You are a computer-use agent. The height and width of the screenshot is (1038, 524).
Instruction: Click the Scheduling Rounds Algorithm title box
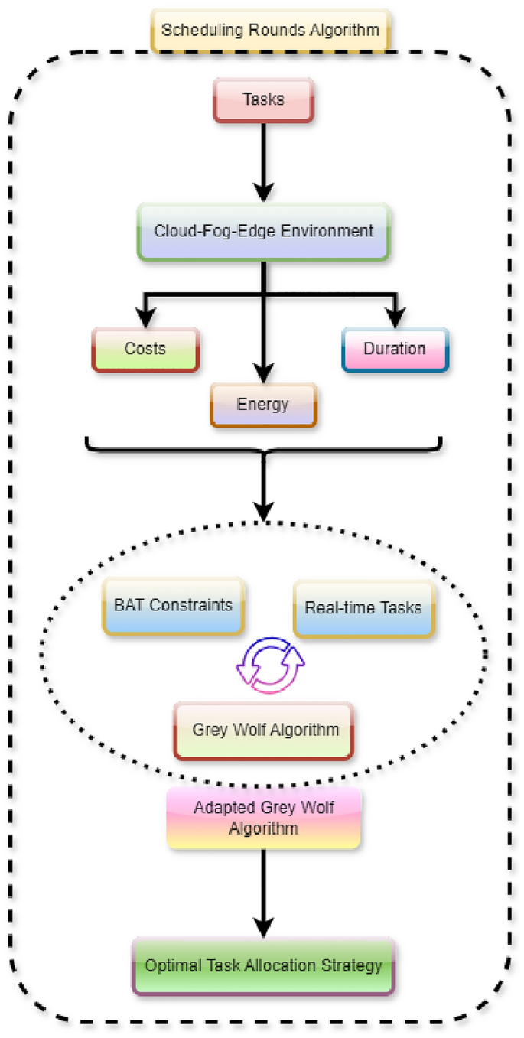[270, 31]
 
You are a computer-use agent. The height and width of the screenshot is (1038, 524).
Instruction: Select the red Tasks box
[264, 99]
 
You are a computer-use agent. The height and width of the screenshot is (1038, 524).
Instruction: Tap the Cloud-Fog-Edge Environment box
[264, 230]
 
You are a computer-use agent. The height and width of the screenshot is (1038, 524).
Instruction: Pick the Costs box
[145, 349]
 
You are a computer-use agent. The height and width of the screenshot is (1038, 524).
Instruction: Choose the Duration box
[394, 349]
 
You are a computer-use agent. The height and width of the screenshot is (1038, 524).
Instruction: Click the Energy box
[262, 403]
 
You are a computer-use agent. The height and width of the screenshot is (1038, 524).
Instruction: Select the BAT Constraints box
[173, 605]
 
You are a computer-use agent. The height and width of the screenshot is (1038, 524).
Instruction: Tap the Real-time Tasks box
[363, 608]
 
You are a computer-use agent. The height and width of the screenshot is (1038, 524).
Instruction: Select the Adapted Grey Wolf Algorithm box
[263, 818]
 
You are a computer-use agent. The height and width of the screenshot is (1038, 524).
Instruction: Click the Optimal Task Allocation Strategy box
[263, 965]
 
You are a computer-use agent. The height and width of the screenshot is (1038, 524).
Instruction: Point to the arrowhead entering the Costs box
[145, 317]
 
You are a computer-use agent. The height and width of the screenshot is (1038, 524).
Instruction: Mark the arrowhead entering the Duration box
[395, 317]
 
